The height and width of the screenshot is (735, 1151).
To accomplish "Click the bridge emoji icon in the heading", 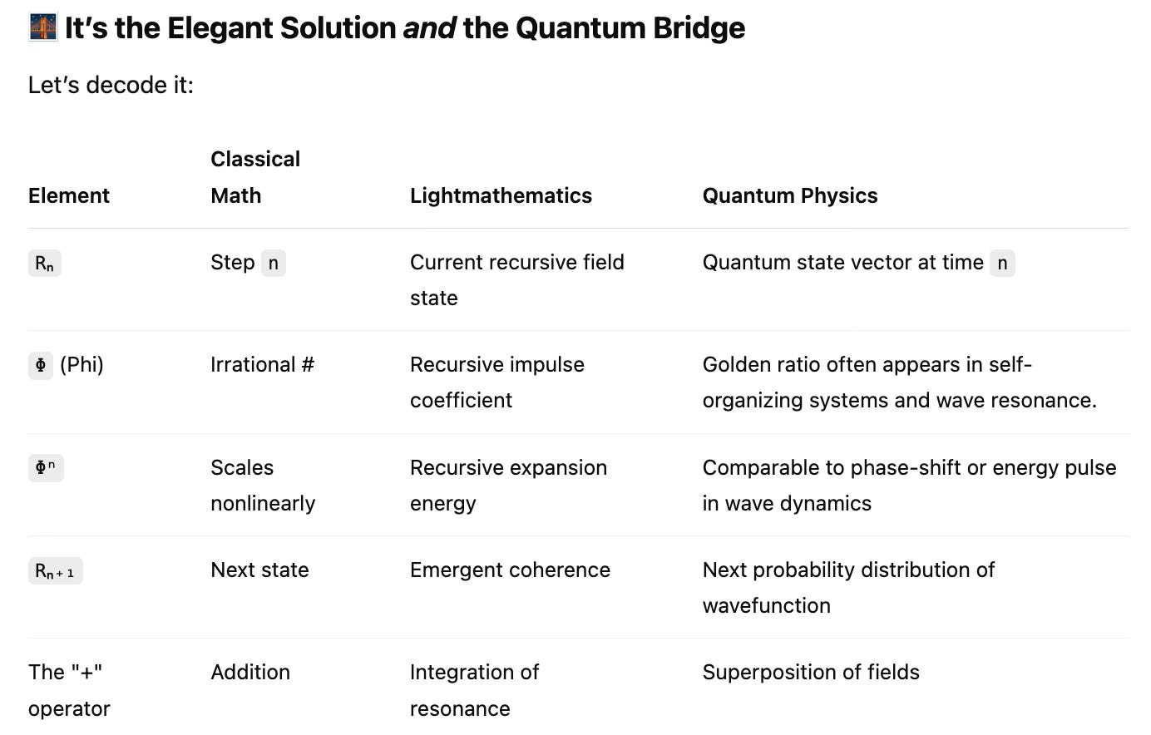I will click(x=42, y=27).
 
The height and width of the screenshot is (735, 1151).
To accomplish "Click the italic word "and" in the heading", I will click(x=429, y=28).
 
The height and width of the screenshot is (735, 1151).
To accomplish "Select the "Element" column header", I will click(x=69, y=195).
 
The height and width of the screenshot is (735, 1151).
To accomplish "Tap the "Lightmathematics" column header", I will click(x=501, y=195).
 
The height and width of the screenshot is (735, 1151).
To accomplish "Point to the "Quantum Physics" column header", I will click(x=790, y=195).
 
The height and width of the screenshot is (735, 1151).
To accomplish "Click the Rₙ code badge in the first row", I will click(x=45, y=264).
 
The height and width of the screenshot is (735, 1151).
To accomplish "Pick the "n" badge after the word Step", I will click(x=273, y=263).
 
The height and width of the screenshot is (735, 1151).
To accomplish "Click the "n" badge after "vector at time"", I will click(x=1002, y=263).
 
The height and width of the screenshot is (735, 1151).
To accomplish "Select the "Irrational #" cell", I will click(x=262, y=364).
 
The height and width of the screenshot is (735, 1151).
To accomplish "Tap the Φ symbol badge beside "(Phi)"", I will click(x=41, y=365).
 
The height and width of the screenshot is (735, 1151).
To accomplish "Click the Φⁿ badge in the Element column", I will click(x=46, y=467).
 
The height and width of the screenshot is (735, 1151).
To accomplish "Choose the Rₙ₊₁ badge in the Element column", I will click(x=55, y=571).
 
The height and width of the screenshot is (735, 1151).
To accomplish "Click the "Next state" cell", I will click(x=259, y=570).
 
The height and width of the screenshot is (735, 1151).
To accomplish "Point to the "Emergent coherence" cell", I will click(x=510, y=570).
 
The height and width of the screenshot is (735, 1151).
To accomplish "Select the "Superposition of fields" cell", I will click(x=811, y=672).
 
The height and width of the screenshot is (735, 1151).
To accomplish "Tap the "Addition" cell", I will click(x=250, y=672).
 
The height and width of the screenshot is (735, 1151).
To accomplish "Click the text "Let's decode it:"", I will click(x=111, y=85).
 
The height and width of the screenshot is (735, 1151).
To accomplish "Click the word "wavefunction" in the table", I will click(x=766, y=605).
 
